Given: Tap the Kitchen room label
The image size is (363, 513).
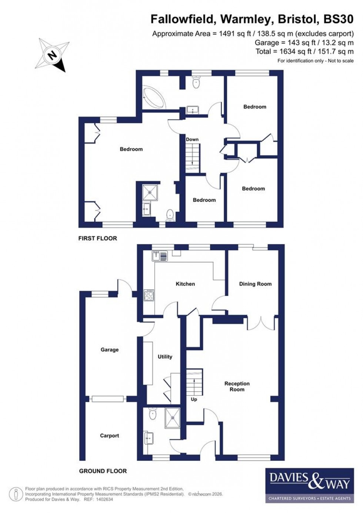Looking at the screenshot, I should click(185, 284).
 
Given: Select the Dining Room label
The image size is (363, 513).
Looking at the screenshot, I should click(255, 284).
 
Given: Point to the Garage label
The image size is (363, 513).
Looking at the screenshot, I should click(109, 349).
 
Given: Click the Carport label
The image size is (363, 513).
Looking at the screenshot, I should click(109, 436).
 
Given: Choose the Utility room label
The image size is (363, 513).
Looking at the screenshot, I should click(165, 356).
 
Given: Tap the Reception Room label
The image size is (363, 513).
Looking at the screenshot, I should click(237, 386).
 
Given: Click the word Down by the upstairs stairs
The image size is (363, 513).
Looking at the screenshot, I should click(192, 139).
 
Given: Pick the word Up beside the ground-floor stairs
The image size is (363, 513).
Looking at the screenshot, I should click(194, 399).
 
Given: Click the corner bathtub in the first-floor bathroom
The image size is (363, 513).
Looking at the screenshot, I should click(156, 97).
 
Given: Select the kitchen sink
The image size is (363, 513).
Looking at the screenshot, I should click(160, 255).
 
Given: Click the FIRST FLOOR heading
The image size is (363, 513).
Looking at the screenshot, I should click(97, 238).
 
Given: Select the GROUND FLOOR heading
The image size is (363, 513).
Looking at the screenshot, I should click(103, 471).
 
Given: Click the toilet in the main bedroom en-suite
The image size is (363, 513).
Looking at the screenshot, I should click(170, 214).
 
